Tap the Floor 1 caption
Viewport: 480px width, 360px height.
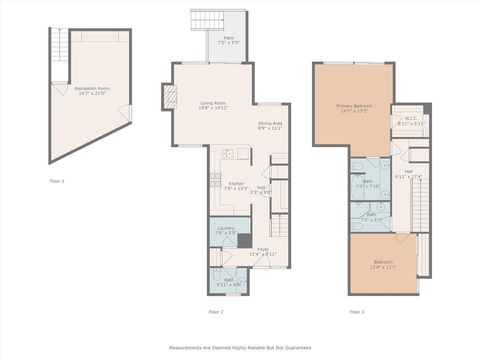tap(57, 181)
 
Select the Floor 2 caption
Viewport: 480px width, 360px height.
tap(215, 312)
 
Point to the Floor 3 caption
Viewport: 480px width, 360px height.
tap(357, 312)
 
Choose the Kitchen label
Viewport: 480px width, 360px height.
tap(236, 186)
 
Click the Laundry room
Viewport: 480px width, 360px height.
tap(225, 232)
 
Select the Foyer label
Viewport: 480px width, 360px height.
tap(263, 252)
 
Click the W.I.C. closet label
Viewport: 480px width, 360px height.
tap(410, 121)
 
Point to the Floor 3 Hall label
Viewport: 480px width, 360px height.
tap(410, 173)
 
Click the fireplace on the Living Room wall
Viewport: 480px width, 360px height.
tap(169, 97)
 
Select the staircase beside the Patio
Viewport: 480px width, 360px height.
tap(207, 20)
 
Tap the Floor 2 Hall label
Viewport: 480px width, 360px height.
tap(261, 189)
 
